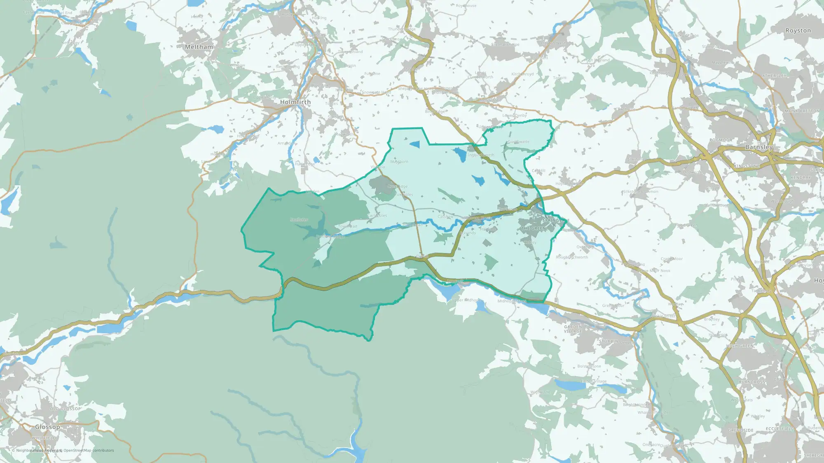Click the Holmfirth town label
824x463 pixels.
(x=295, y=102)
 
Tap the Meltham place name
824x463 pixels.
(x=199, y=47)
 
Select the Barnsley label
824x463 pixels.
(x=759, y=147)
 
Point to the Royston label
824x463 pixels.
(x=798, y=30)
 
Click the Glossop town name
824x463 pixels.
(x=47, y=427)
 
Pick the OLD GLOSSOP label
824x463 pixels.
(x=66, y=409)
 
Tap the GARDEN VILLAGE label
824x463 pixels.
(x=573, y=329)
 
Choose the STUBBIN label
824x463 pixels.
(x=609, y=341)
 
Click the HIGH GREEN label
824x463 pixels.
(x=740, y=346)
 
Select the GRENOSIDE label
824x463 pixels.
(x=740, y=430)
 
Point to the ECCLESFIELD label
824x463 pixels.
(x=780, y=428)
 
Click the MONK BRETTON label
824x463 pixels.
(x=802, y=111)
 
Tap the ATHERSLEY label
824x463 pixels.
(x=774, y=76)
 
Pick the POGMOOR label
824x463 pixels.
(x=721, y=140)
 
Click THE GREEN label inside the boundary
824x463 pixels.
(x=534, y=228)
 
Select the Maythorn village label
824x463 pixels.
(x=399, y=162)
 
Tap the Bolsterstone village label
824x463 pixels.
(x=589, y=366)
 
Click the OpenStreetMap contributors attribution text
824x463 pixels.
(x=89, y=450)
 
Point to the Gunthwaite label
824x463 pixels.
(x=518, y=142)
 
